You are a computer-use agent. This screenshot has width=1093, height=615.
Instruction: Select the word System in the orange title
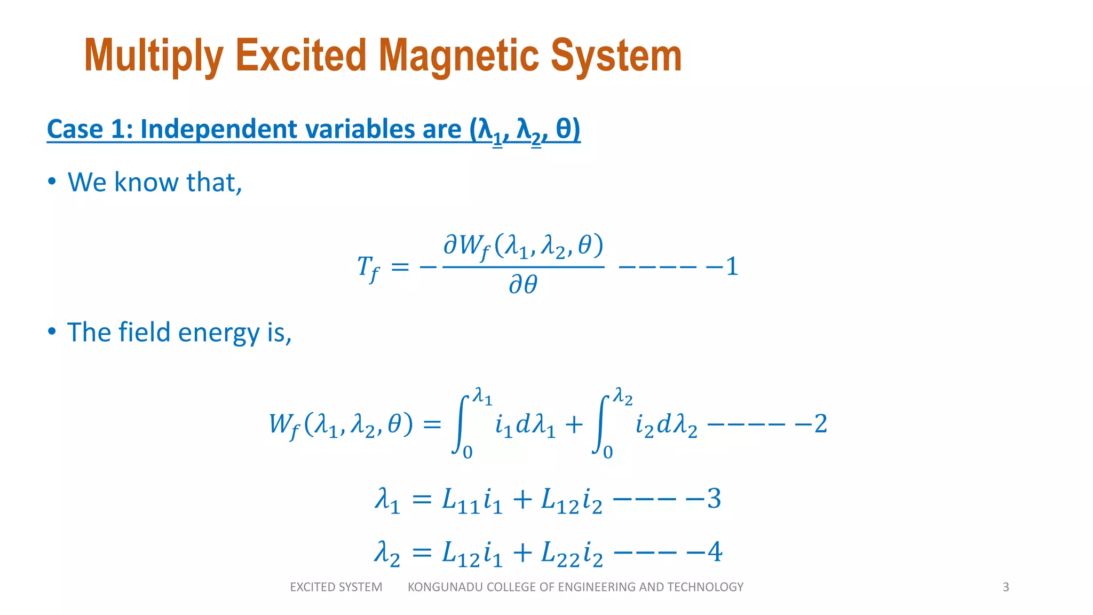(616, 56)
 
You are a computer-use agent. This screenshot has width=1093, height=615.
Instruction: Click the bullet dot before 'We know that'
(52, 182)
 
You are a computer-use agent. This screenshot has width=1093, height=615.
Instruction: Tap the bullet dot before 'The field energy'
(52, 332)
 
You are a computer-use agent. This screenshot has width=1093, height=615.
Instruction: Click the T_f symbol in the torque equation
(367, 267)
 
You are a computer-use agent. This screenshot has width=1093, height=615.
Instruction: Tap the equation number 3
(714, 499)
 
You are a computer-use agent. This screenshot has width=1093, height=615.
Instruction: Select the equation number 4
(715, 552)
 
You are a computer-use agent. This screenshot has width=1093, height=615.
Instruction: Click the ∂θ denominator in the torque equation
(523, 285)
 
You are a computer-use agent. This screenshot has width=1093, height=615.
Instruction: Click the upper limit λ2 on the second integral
(623, 396)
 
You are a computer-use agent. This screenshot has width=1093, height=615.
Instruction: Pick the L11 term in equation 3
(461, 501)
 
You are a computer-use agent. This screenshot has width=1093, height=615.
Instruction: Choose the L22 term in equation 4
(560, 554)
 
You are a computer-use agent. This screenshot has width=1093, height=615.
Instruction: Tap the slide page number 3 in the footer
(1005, 587)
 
